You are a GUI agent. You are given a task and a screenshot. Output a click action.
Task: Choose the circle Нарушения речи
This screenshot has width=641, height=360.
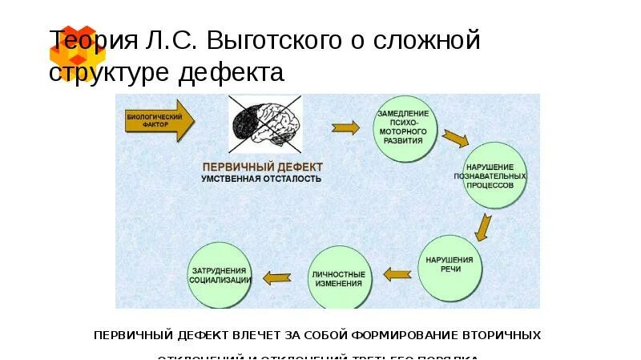(450, 265)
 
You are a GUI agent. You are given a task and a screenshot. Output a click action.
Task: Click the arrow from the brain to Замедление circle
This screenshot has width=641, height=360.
(345, 127)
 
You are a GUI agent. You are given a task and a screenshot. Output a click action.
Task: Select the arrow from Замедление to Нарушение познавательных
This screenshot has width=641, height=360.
(455, 137)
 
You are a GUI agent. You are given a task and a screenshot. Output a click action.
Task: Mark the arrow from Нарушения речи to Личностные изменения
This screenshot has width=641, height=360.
(397, 274)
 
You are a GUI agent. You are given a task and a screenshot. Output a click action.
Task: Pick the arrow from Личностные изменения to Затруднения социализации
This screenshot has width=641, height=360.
(277, 278)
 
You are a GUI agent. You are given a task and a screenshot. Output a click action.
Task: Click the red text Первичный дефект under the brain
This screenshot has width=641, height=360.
(262, 166)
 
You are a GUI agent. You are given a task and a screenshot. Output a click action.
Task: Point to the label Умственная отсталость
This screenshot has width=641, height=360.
(261, 179)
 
